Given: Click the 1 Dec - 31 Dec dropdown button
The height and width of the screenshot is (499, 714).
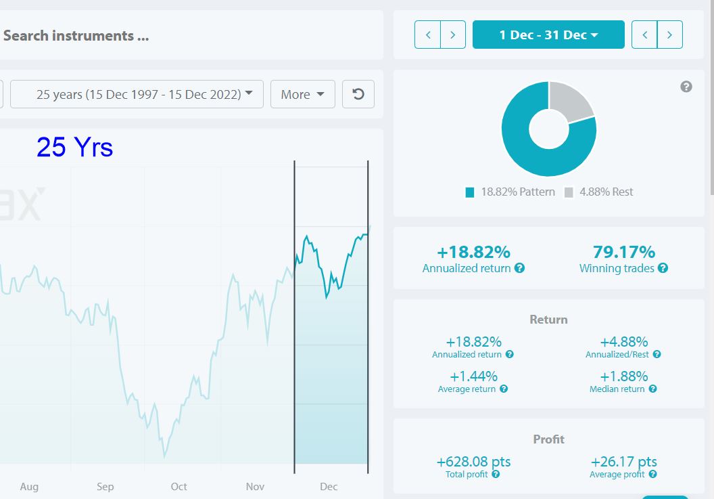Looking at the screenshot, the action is tap(548, 35).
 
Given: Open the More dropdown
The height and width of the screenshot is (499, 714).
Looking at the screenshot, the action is tap(303, 94).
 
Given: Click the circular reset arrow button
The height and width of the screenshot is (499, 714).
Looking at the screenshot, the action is tap(358, 94).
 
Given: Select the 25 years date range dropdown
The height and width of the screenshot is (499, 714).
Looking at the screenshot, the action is tap(137, 94).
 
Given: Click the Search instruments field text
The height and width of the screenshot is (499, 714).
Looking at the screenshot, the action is tap(76, 36).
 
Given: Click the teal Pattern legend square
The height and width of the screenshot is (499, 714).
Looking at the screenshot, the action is tap(470, 192).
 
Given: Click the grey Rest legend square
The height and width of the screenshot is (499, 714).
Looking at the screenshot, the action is tap(569, 192).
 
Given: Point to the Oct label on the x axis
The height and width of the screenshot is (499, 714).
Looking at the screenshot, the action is tap(179, 487).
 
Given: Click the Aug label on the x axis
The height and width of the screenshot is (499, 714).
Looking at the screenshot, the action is tap(29, 487).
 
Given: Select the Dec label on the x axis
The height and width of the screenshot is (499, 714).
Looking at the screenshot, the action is tap(329, 487).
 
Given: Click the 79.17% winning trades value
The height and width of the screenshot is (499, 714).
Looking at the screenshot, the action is tap(624, 252).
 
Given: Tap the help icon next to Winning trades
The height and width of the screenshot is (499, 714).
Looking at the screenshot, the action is tap(663, 268).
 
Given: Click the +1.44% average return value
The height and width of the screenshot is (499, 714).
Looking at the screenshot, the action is tap(473, 376).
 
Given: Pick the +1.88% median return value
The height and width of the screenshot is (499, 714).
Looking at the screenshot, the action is tap(624, 376).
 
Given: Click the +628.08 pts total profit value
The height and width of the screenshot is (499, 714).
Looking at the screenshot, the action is tap(473, 462).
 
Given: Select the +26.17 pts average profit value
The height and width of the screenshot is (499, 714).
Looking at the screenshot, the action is tap(624, 462).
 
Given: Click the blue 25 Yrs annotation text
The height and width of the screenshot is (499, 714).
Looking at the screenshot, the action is tap(74, 148).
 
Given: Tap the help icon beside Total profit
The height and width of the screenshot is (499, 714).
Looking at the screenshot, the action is tap(496, 475).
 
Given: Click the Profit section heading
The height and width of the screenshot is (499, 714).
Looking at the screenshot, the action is tap(549, 439).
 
